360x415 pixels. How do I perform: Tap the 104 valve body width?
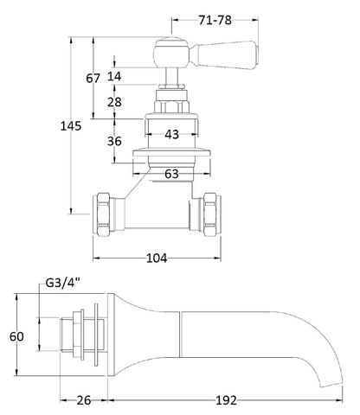tap(156, 258)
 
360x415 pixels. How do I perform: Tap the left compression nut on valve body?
tap(105, 212)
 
